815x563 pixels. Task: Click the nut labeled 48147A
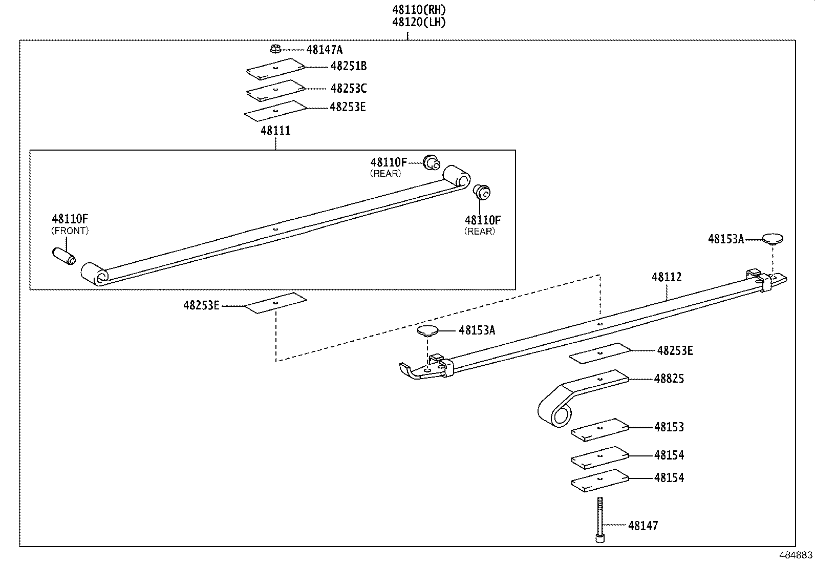click(275, 49)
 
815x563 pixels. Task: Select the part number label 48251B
click(349, 66)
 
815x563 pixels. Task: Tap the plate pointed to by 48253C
click(275, 90)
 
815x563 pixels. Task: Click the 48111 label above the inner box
click(275, 131)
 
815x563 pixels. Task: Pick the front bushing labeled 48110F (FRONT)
click(64, 255)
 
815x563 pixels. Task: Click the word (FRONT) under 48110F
click(70, 231)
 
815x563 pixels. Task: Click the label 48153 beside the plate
click(669, 427)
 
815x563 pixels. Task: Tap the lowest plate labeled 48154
click(599, 480)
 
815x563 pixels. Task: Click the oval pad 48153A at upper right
click(773, 238)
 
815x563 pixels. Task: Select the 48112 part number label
click(667, 277)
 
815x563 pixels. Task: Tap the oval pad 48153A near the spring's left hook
click(428, 330)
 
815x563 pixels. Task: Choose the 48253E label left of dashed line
click(201, 306)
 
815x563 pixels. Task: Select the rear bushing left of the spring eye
click(431, 162)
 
